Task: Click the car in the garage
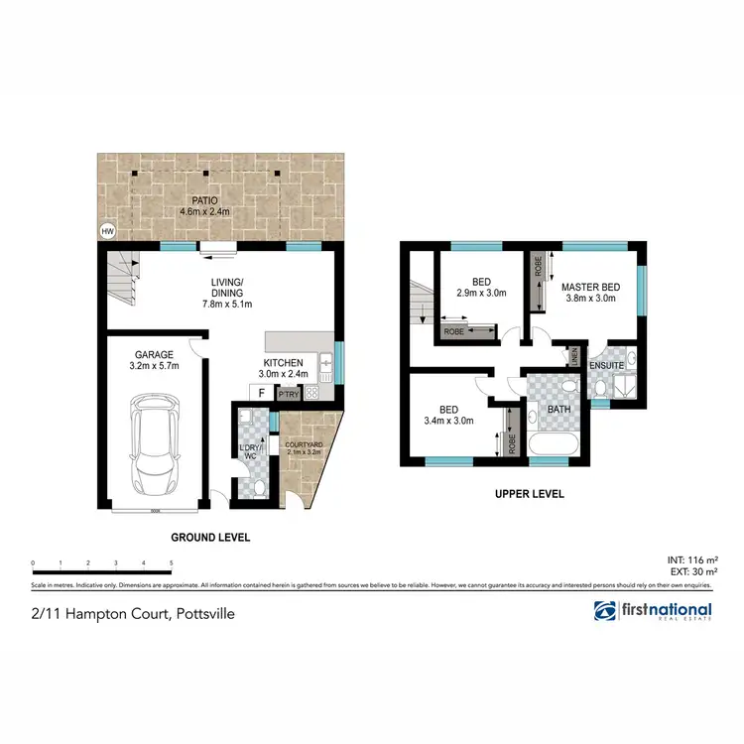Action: [154, 438]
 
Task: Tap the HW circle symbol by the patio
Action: [107, 232]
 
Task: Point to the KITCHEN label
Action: [284, 362]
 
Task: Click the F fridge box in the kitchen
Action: [261, 392]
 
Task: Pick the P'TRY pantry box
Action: [289, 393]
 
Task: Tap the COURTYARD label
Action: [303, 445]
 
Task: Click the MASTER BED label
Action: [590, 287]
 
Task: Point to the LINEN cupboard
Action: [573, 354]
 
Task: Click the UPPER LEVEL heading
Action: [530, 493]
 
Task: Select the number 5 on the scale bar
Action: [172, 562]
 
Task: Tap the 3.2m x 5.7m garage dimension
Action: [154, 366]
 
